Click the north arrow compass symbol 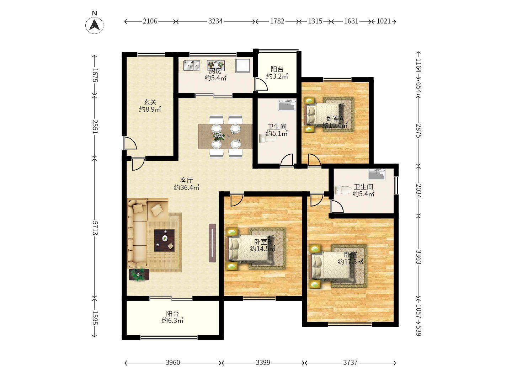[95, 25]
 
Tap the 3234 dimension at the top [215, 21]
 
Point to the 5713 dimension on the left [95, 228]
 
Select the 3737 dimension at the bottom [350, 362]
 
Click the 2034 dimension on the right [418, 191]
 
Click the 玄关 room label [150, 102]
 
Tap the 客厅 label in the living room [186, 181]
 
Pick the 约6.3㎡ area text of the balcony [172, 321]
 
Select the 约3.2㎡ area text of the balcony [277, 76]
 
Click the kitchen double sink [192, 65]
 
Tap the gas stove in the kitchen [216, 65]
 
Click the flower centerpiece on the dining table [219, 137]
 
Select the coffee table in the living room [164, 240]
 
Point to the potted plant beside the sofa [138, 274]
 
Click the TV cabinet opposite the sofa [212, 243]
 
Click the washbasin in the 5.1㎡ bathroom [287, 105]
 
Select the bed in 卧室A [325, 114]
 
